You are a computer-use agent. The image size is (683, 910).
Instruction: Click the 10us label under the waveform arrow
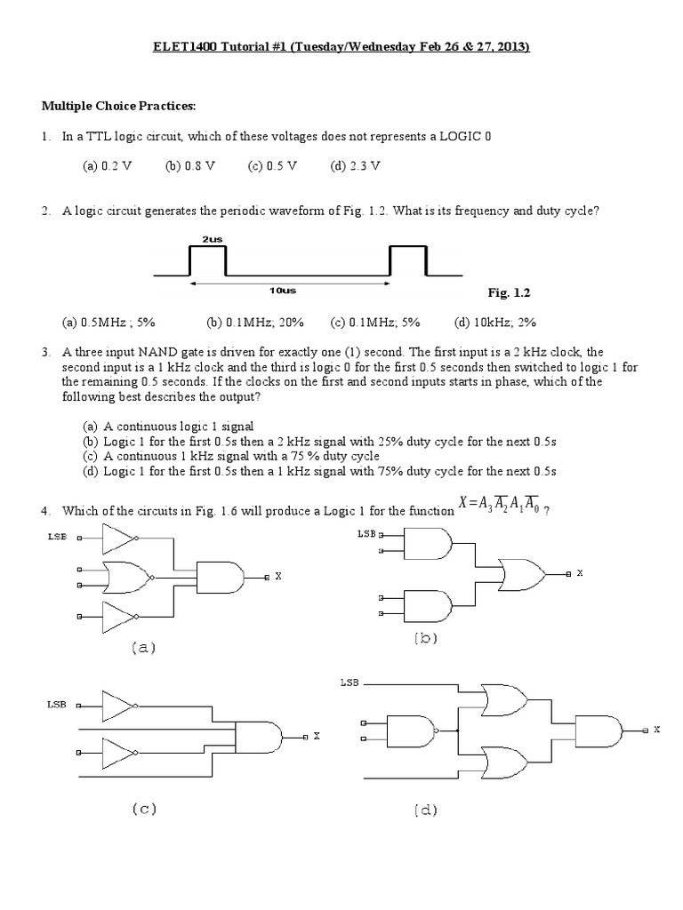click(x=289, y=291)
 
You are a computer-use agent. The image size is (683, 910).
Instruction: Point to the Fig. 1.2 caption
click(x=509, y=291)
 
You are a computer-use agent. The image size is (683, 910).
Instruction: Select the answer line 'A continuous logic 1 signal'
click(x=179, y=426)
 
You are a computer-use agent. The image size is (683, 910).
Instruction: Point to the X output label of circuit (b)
click(x=579, y=574)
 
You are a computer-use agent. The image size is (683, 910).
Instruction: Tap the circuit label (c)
click(x=144, y=809)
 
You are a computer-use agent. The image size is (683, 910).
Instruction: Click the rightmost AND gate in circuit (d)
click(x=598, y=729)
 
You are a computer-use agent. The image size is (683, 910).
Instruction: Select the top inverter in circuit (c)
click(x=118, y=706)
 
